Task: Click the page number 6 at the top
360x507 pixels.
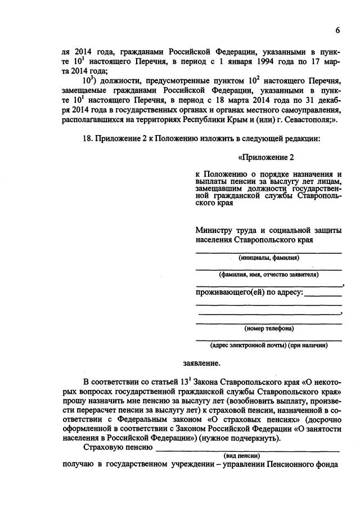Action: pyautogui.click(x=337, y=30)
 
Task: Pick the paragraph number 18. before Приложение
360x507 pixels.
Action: pyautogui.click(x=89, y=139)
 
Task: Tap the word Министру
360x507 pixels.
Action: pyautogui.click(x=214, y=231)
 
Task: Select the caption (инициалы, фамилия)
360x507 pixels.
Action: pyautogui.click(x=268, y=258)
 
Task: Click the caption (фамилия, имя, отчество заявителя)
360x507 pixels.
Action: pyautogui.click(x=268, y=275)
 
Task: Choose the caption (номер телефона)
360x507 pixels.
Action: pyautogui.click(x=268, y=328)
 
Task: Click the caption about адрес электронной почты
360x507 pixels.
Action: pyautogui.click(x=268, y=345)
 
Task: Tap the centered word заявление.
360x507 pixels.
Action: pyautogui.click(x=201, y=363)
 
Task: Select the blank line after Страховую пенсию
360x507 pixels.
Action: pyautogui.click(x=247, y=450)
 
